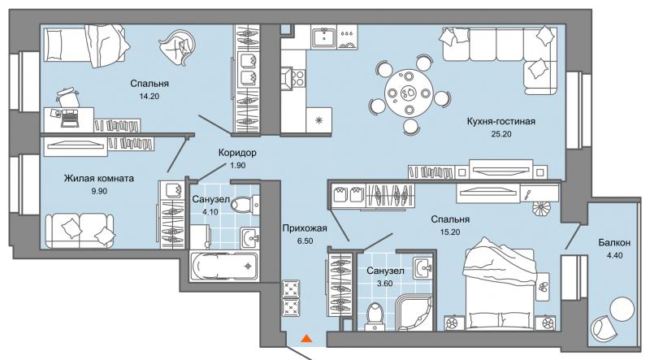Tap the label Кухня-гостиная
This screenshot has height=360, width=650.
click(500, 122)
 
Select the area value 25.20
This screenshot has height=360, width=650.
click(501, 134)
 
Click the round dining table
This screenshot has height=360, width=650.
click(409, 93)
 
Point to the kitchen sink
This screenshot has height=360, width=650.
click(324, 37)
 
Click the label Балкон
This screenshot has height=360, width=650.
click(614, 243)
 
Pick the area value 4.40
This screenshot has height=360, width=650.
click(614, 255)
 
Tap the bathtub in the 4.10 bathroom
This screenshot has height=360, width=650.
click(224, 267)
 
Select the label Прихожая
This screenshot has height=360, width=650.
click(305, 228)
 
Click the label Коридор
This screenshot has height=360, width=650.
click(237, 153)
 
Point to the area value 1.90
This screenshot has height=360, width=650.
click(237, 165)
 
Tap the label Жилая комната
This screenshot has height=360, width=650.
click(98, 178)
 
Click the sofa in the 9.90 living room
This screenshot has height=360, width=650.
click(79, 231)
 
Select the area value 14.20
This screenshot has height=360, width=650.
click(149, 96)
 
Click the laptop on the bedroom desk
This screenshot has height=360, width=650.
click(70, 118)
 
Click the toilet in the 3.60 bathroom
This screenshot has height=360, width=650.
click(376, 316)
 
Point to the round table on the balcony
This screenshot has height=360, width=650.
click(622, 308)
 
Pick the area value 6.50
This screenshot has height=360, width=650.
click(305, 241)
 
